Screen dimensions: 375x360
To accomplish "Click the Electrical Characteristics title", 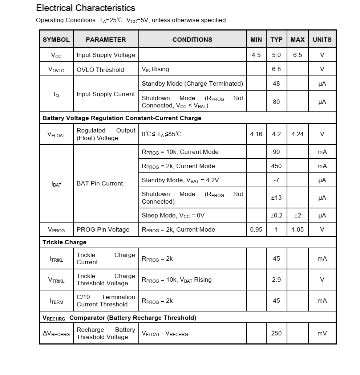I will [x=86, y=8].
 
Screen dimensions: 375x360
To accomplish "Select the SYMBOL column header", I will [x=56, y=40].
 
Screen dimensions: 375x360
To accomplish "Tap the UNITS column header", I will [x=322, y=40].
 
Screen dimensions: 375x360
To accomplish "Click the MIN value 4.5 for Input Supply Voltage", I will [x=256, y=55].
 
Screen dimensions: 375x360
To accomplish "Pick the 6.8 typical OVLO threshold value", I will [x=276, y=69].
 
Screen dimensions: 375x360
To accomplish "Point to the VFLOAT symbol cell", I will [x=56, y=134].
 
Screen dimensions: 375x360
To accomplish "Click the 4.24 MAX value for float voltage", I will [x=298, y=134].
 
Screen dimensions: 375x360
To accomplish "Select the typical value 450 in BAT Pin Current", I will [x=276, y=166].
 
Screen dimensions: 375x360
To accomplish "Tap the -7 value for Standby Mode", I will [x=276, y=180].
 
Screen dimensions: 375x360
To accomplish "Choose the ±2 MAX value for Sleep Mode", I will [x=298, y=215].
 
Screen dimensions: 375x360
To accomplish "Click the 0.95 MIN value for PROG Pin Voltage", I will [x=256, y=229].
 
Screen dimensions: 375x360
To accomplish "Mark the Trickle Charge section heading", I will [x=64, y=242].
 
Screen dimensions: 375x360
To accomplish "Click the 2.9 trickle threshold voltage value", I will [x=276, y=280].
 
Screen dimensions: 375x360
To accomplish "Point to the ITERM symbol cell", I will [x=56, y=301].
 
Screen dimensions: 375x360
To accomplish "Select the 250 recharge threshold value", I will [x=276, y=333].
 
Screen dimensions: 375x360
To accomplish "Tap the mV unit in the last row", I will [x=322, y=333].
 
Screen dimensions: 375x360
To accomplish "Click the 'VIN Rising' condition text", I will [x=155, y=69].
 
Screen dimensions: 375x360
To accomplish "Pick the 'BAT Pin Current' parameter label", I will [x=100, y=183].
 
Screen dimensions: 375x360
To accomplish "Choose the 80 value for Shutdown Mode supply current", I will [x=276, y=102].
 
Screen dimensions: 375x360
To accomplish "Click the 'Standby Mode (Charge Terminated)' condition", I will [x=192, y=83].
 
